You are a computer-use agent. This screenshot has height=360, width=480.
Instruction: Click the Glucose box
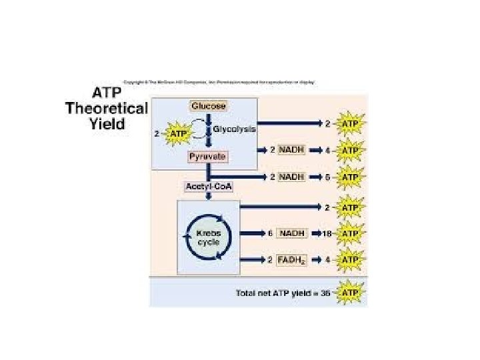coord(209,106)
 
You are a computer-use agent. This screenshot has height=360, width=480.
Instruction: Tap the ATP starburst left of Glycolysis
coord(178,133)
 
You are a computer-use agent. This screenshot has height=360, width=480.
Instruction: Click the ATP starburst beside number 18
coord(351,234)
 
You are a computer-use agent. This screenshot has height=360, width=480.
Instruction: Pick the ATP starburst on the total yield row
coord(351,293)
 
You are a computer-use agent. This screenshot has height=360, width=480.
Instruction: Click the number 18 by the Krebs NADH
coord(326,234)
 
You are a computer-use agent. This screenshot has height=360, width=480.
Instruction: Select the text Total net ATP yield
coord(279,293)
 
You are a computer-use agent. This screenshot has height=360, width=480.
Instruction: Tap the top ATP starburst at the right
coord(351,124)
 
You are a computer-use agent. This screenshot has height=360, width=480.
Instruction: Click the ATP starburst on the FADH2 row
coord(351,259)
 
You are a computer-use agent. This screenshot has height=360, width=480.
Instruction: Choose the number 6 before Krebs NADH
coord(270,234)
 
